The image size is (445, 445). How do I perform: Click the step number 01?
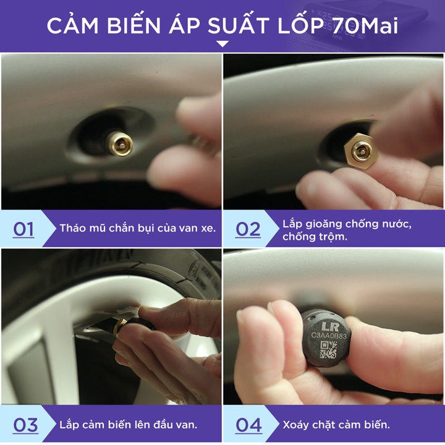[23, 229]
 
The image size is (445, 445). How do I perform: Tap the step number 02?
[248, 229]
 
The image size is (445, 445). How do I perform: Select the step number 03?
[25, 425]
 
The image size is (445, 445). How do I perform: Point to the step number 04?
[248, 425]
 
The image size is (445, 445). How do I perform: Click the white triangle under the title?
[222, 44]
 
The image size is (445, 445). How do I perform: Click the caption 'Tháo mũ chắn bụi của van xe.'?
[137, 228]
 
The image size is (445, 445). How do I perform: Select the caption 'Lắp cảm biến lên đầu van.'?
[129, 425]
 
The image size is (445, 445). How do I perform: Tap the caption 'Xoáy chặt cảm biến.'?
[336, 425]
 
